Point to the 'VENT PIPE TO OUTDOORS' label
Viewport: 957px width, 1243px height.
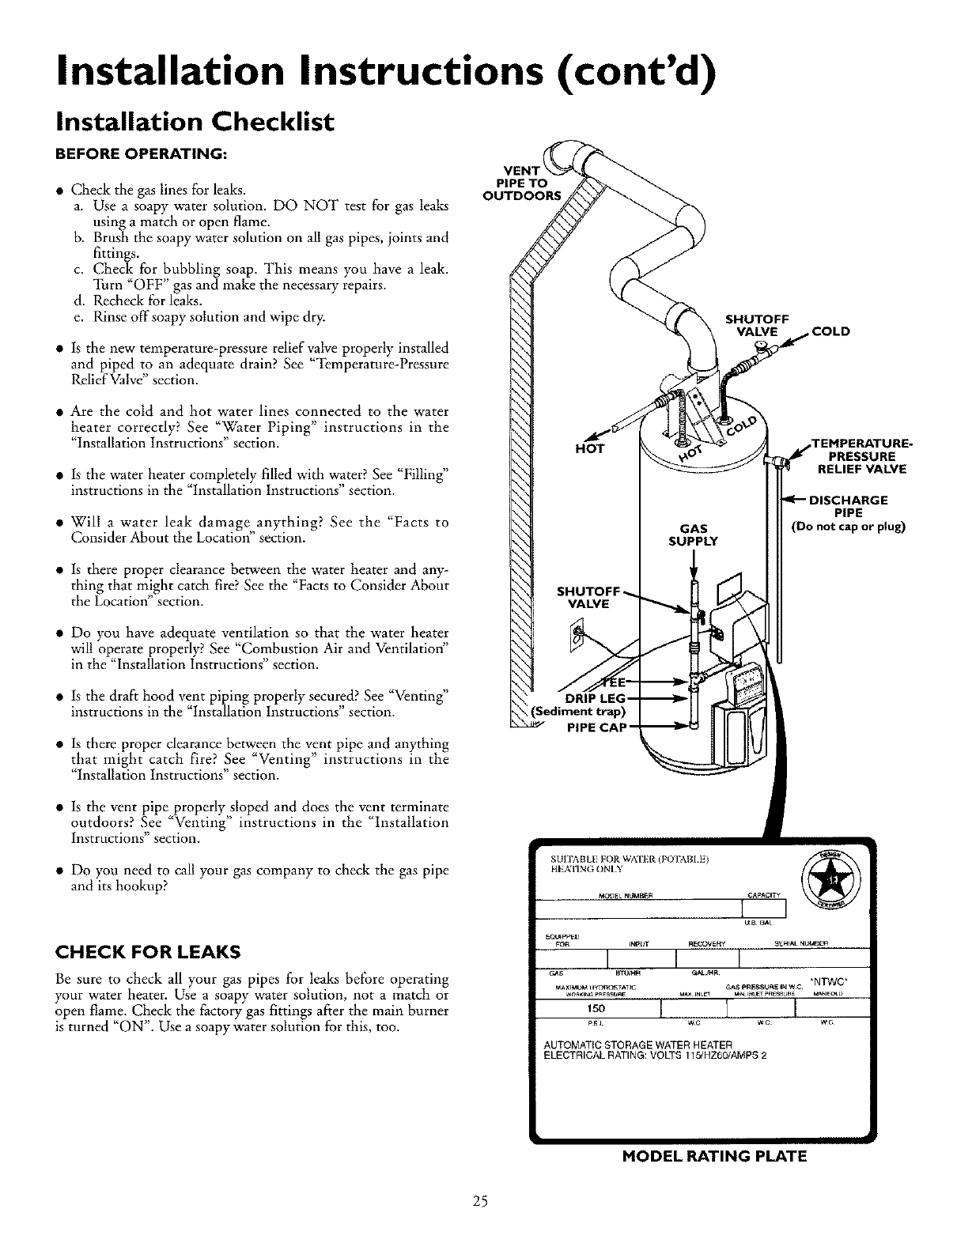[x=520, y=183]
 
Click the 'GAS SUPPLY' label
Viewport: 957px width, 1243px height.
[x=693, y=535]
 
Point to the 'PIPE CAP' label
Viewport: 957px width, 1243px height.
[x=596, y=727]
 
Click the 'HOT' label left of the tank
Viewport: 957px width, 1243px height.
[x=590, y=449]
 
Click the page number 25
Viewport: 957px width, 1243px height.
[x=478, y=1202]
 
